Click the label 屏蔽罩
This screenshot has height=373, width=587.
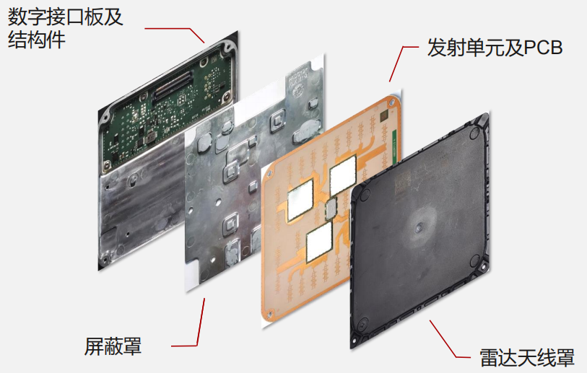pyautogui.click(x=113, y=346)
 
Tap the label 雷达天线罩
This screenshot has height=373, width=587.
pyautogui.click(x=527, y=358)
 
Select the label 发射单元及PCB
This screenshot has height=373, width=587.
pyautogui.click(x=495, y=48)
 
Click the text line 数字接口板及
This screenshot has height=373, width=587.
pyautogui.click(x=66, y=17)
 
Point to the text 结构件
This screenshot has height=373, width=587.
pyautogui.click(x=37, y=39)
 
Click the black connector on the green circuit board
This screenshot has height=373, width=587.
pyautogui.click(x=173, y=85)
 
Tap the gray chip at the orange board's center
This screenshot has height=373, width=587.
pyautogui.click(x=331, y=209)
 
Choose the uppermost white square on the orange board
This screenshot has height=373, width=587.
pyautogui.click(x=342, y=175)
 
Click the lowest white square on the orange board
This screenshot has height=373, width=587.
pyautogui.click(x=319, y=242)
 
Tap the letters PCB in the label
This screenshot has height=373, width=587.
pyautogui.click(x=543, y=48)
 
